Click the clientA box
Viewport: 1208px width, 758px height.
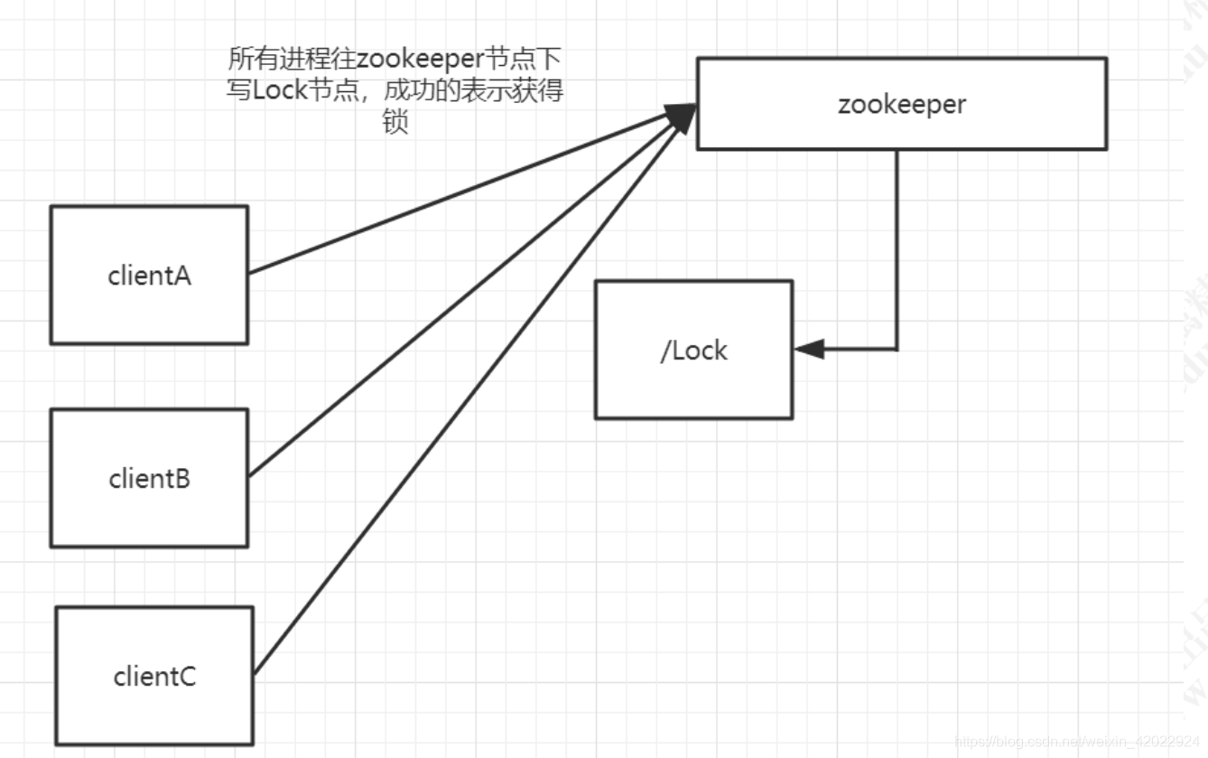[149, 275]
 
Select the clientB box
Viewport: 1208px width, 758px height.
[149, 477]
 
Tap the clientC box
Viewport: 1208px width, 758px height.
[154, 676]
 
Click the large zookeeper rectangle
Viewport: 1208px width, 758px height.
[901, 104]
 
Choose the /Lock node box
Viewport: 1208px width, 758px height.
[693, 350]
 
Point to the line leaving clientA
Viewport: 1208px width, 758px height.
[451, 195]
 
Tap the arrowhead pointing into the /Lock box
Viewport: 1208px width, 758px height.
[809, 349]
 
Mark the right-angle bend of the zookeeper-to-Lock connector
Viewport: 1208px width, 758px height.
[897, 349]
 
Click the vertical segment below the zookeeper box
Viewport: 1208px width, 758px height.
[897, 244]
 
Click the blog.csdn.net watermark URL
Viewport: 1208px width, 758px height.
[1079, 742]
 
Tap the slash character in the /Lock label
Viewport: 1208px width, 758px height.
[665, 351]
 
